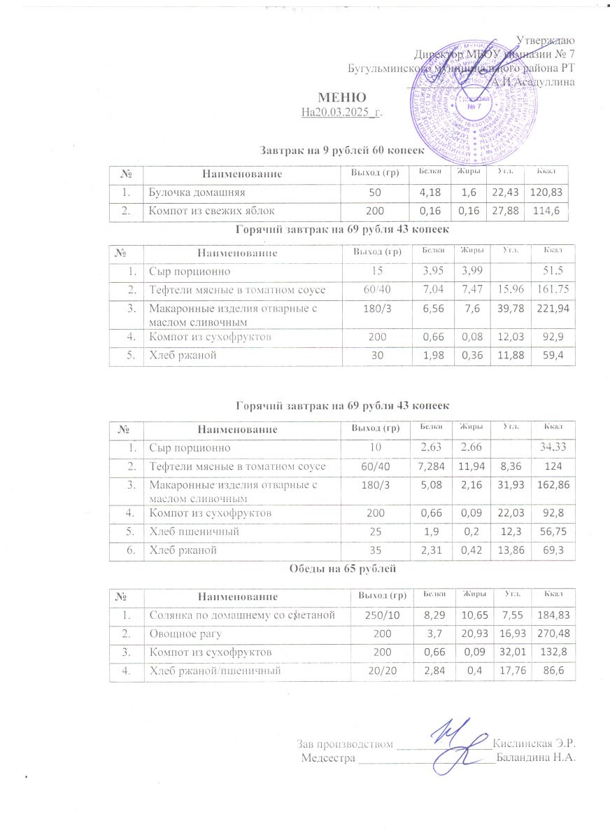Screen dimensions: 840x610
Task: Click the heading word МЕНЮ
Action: click(x=343, y=97)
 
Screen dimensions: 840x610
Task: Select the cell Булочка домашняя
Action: click(x=195, y=191)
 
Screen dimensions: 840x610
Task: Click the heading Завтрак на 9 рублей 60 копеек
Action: click(x=342, y=150)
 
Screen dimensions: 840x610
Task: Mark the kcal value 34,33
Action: click(x=548, y=446)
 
